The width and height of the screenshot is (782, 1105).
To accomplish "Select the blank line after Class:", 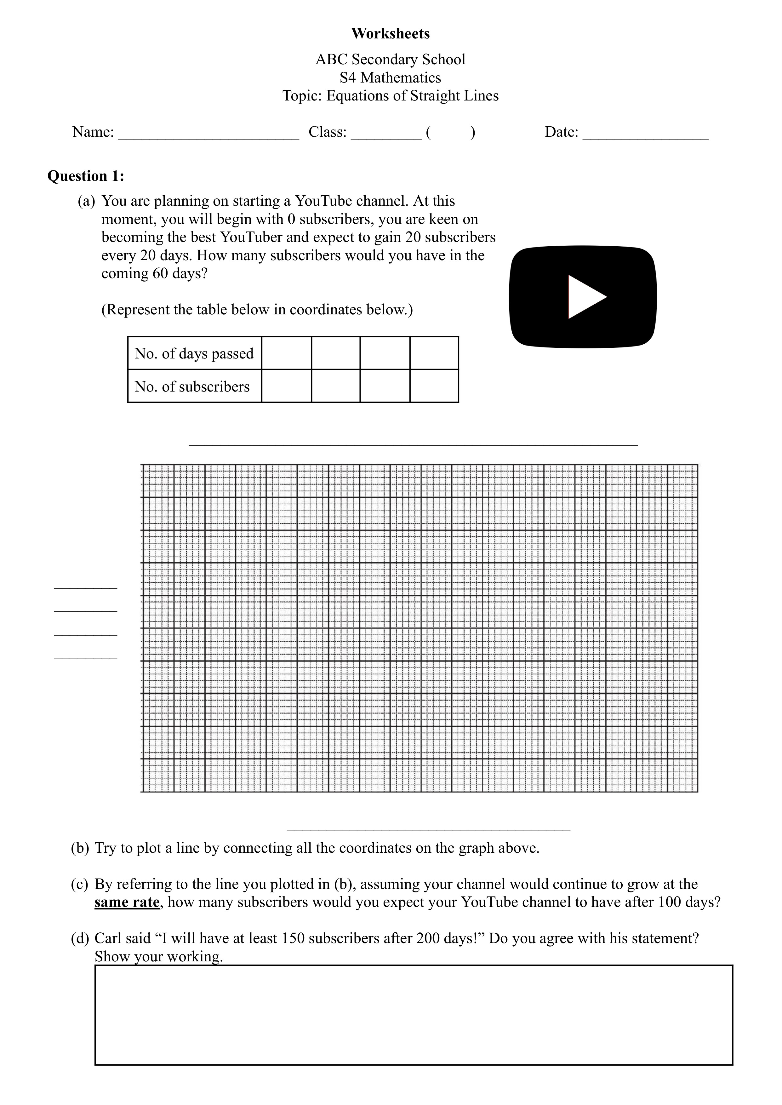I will coord(386,137).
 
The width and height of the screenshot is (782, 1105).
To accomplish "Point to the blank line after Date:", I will coord(645,137).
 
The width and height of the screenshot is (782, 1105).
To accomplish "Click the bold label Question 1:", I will coord(86,176).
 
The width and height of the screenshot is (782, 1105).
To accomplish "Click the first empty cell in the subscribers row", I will coord(287,386).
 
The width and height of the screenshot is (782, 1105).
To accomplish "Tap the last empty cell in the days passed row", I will coord(434,353).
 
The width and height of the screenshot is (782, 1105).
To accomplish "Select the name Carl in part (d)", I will coord(107,938).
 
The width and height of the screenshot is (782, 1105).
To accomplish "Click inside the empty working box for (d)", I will coord(413,1015).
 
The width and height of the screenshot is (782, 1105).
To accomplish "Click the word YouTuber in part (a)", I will coord(251,238).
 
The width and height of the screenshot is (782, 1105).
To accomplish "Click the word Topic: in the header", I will coord(302,96).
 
